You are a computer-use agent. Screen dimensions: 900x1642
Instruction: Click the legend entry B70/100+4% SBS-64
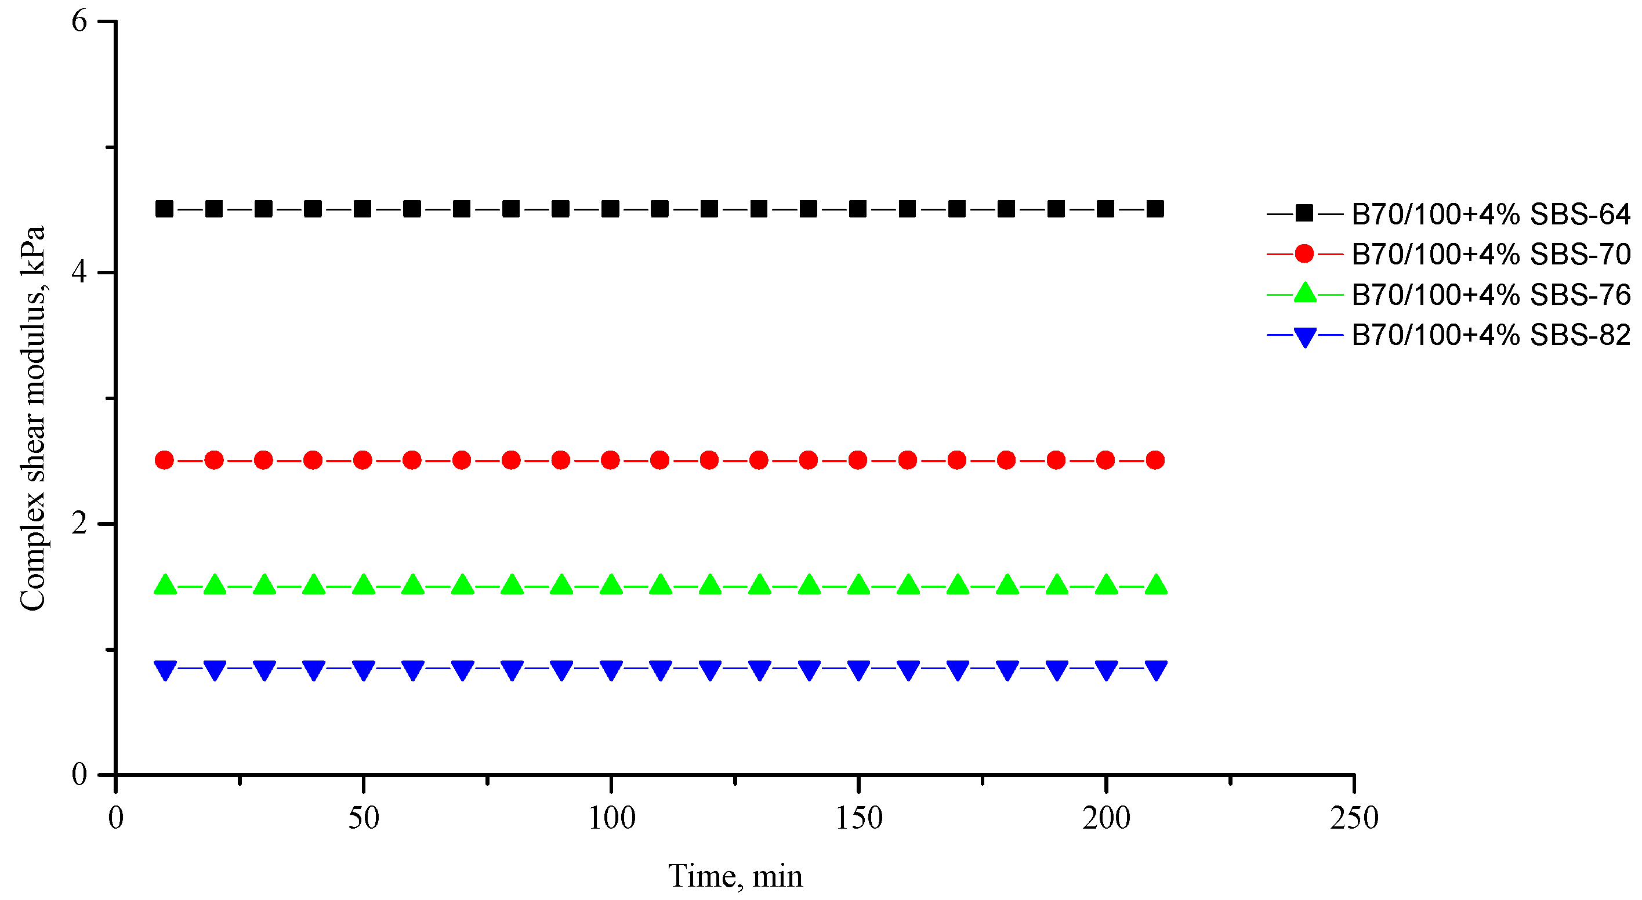[1490, 214]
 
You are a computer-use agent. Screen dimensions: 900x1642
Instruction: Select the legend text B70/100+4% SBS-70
[1490, 255]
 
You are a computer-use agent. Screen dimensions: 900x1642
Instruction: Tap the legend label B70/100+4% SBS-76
[1490, 295]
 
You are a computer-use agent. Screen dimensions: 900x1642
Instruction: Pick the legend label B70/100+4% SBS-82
[1490, 335]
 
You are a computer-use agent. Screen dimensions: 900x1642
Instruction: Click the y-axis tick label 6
[79, 21]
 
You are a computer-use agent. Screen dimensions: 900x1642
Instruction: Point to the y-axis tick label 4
[79, 272]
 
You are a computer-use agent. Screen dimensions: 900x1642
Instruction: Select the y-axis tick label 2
[79, 524]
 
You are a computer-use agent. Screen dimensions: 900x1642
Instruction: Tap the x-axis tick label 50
[363, 818]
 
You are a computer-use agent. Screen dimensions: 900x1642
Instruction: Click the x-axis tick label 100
[611, 818]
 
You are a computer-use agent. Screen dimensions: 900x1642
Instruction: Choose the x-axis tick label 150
[858, 818]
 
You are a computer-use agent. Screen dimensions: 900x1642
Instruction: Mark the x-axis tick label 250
[1354, 818]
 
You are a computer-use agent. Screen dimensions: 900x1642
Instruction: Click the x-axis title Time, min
[735, 876]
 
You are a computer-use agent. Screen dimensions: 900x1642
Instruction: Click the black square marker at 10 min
[165, 209]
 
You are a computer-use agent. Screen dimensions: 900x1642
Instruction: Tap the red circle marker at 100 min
[611, 460]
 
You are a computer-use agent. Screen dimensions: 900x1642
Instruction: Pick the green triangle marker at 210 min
[1155, 584]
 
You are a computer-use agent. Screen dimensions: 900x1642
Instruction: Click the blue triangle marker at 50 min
[363, 670]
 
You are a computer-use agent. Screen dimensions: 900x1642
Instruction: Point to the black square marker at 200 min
[1106, 209]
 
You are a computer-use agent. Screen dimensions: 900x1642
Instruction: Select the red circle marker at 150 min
[858, 460]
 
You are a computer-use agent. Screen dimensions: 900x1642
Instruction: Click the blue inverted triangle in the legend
[1305, 336]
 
